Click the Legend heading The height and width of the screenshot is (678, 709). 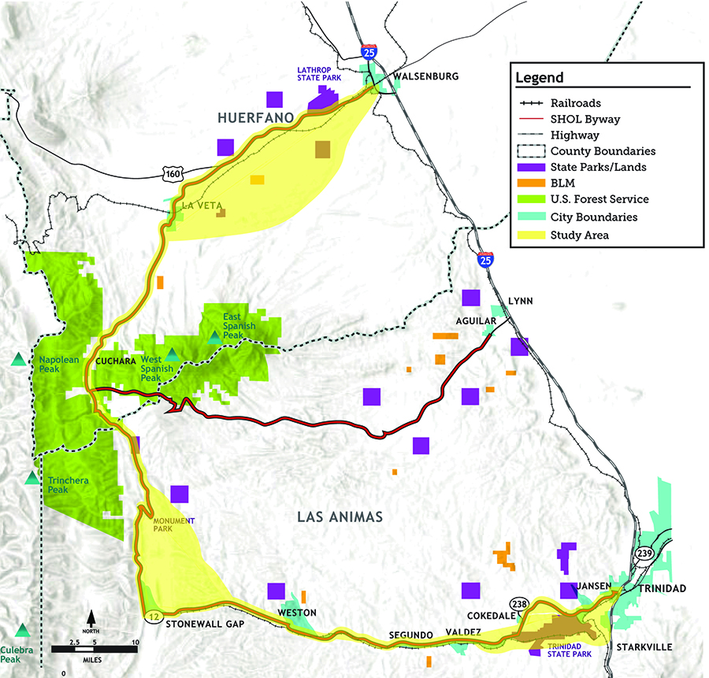(x=540, y=78)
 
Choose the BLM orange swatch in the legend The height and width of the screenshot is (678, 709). (x=529, y=183)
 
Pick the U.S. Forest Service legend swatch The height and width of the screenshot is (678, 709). (x=529, y=200)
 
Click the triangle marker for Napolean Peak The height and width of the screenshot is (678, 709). (x=18, y=360)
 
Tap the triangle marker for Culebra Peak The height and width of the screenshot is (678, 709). (x=23, y=629)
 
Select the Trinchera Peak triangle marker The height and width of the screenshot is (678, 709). (x=32, y=477)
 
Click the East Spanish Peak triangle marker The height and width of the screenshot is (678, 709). (x=214, y=336)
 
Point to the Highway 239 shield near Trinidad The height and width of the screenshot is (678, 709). (x=645, y=554)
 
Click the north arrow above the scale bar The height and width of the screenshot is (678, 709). (x=91, y=617)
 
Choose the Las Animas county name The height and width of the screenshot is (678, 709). (x=340, y=517)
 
